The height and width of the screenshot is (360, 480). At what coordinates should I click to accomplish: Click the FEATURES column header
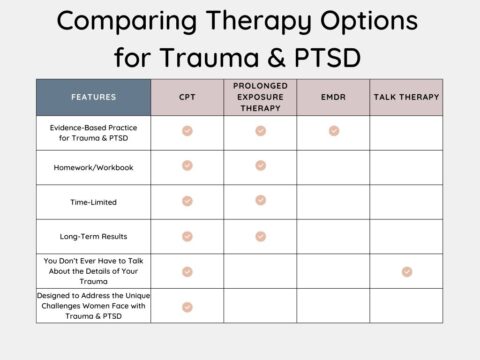click(x=93, y=97)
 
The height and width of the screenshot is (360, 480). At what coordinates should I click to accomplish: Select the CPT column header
click(x=187, y=97)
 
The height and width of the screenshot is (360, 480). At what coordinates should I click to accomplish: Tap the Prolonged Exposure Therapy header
click(x=260, y=97)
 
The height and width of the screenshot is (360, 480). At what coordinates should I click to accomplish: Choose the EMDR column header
click(x=333, y=97)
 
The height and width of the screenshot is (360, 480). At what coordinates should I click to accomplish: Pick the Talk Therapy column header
click(x=406, y=97)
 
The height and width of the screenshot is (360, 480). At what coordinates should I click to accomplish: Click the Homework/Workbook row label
click(x=93, y=166)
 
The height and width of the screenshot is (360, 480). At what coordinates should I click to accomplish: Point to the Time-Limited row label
click(x=93, y=201)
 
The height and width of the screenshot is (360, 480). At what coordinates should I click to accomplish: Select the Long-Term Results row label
click(x=93, y=236)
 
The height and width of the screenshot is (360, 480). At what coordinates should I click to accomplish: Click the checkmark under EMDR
click(x=334, y=131)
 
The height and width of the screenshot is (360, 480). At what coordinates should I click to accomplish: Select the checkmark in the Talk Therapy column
click(x=407, y=271)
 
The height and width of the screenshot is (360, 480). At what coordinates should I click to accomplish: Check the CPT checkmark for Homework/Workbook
click(x=187, y=166)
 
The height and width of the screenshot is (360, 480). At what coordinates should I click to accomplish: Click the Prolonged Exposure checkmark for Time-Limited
click(x=260, y=200)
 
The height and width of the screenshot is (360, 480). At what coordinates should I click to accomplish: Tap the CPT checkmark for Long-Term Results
click(x=187, y=236)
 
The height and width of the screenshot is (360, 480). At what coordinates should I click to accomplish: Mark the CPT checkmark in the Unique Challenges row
click(x=187, y=306)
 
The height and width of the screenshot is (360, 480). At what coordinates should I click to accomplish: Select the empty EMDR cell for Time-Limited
click(x=333, y=201)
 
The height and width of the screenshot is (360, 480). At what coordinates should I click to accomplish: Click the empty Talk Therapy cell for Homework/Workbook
click(x=406, y=166)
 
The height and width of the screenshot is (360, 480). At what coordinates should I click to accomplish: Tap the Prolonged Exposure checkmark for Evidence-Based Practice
click(x=260, y=131)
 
